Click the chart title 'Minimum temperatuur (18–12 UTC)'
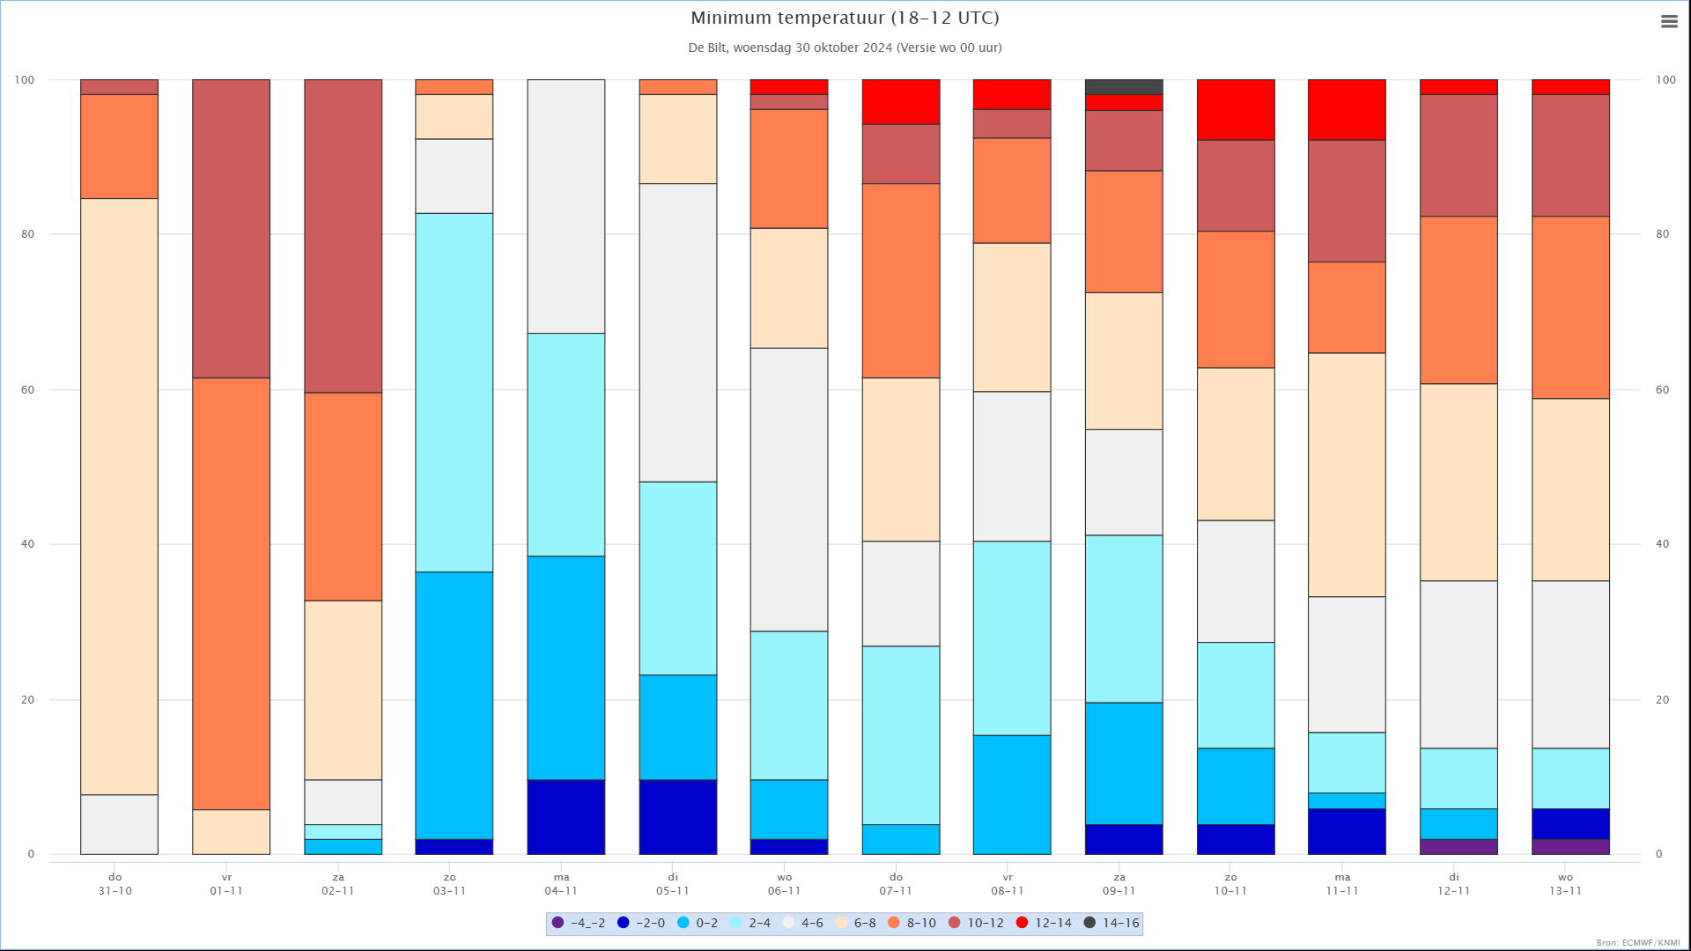click(x=845, y=18)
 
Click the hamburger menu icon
click(x=1669, y=22)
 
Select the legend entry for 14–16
click(x=1113, y=923)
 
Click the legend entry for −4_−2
click(x=579, y=923)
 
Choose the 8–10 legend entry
click(x=912, y=923)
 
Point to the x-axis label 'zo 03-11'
click(x=449, y=884)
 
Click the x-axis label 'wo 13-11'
click(x=1565, y=884)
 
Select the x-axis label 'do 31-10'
click(x=115, y=884)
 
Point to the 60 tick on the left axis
click(x=27, y=389)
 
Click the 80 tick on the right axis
click(x=1662, y=234)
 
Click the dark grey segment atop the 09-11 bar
click(x=1124, y=86)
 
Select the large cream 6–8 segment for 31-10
click(x=119, y=497)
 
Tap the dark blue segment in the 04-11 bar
click(x=565, y=816)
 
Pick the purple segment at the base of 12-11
click(x=1458, y=846)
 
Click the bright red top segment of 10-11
click(x=1236, y=109)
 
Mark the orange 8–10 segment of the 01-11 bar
click(x=231, y=593)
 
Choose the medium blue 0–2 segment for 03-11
click(x=454, y=705)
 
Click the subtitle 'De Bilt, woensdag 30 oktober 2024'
click(x=845, y=48)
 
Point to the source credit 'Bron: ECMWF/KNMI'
click(x=1637, y=943)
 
